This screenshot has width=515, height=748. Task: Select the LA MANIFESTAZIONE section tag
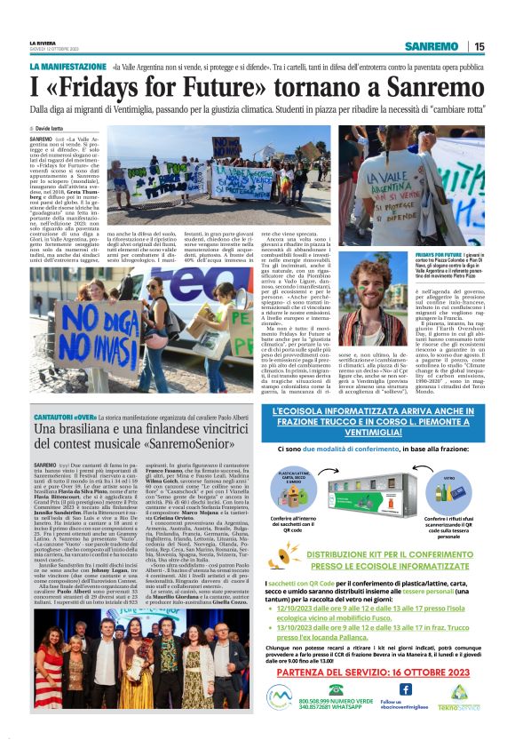[67, 67]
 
